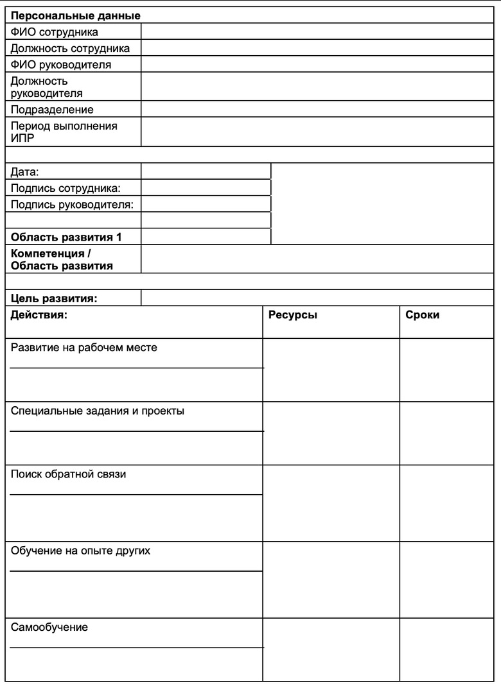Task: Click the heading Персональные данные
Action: (76, 15)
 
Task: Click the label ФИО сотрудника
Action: (55, 31)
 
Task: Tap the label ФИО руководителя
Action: (61, 65)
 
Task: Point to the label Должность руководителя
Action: (47, 87)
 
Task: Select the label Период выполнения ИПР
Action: (64, 132)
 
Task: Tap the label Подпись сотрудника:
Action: (66, 187)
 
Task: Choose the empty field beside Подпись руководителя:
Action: (206, 204)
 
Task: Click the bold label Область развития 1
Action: (67, 237)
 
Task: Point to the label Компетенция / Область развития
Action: (62, 259)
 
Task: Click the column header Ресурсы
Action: (293, 316)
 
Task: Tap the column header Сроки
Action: (423, 316)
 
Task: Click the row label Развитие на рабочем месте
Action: (84, 348)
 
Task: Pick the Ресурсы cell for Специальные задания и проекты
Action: (331, 433)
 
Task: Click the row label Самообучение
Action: (49, 627)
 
